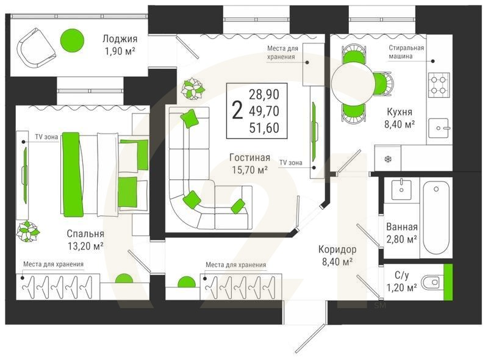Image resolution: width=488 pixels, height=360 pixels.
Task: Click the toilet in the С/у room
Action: tap(431, 282)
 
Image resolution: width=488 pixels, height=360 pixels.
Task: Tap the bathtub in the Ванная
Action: tap(436, 218)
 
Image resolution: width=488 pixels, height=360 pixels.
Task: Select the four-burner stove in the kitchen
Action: tap(439, 85)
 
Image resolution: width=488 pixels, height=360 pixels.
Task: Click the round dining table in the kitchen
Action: tap(353, 82)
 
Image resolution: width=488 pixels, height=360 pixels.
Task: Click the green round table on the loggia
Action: tap(72, 40)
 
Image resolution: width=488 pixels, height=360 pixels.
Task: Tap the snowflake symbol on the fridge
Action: tap(388, 160)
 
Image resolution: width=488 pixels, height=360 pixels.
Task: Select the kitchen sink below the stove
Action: tap(439, 128)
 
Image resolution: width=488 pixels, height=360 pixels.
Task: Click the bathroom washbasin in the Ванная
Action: tap(401, 189)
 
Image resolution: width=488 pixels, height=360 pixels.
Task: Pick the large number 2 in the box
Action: tap(237, 110)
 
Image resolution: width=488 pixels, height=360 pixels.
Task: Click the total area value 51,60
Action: tap(264, 128)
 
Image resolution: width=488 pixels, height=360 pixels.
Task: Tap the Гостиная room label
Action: tap(249, 157)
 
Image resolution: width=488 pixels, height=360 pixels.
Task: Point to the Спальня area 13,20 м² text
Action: tap(85, 247)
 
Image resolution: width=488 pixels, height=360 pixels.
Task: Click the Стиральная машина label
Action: tap(406, 52)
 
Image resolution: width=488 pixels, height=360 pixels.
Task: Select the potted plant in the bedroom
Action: tap(27, 231)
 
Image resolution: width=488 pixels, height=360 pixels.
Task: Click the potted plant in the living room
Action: tap(193, 88)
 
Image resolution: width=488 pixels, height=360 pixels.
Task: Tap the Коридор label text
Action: tap(337, 249)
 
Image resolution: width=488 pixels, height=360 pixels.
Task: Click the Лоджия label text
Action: tap(120, 39)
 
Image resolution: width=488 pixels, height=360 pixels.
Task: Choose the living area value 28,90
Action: tap(264, 95)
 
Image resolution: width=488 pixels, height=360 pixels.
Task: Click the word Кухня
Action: tap(400, 112)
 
